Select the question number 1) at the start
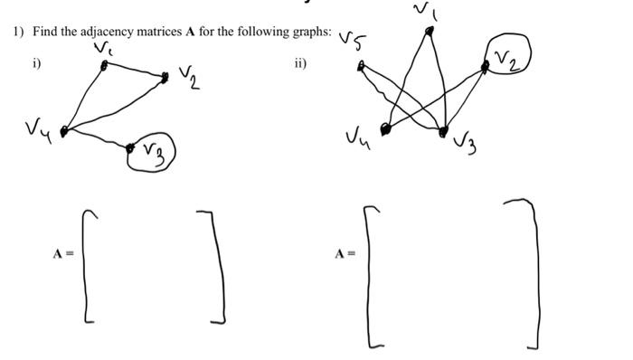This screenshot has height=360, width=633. (17, 32)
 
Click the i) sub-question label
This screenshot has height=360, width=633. (36, 63)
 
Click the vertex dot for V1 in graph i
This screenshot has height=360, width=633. (103, 65)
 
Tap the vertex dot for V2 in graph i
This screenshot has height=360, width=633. (165, 78)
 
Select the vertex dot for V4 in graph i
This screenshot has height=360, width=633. (64, 132)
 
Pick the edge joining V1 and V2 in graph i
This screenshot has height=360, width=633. (134, 71)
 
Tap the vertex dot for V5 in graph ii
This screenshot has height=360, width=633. (361, 65)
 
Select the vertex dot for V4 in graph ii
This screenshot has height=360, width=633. (386, 130)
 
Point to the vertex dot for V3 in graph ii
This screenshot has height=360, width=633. (443, 132)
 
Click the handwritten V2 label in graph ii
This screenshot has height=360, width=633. (506, 60)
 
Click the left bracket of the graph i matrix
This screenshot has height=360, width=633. (88, 265)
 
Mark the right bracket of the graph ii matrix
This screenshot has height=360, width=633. (534, 271)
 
